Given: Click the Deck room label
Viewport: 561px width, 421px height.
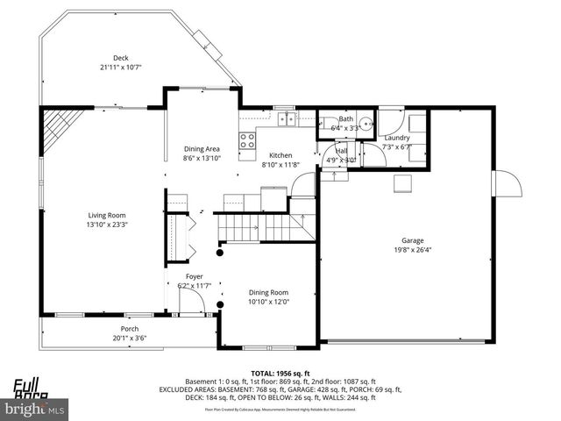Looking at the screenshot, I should (120, 58).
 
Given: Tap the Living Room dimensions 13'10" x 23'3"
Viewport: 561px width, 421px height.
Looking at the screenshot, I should (107, 224).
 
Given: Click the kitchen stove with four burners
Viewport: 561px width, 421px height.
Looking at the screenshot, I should (246, 138).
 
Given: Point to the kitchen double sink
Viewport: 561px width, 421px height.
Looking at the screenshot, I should (285, 119).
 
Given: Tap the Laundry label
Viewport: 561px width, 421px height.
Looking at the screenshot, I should (397, 138).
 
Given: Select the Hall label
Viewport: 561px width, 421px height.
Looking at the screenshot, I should (342, 151).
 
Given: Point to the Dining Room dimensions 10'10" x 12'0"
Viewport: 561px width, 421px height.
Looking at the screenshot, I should (268, 302).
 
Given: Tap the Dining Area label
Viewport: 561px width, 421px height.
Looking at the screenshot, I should (201, 149).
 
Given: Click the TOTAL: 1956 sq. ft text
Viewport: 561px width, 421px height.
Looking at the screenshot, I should (280, 373).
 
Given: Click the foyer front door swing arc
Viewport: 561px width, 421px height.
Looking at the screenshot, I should (194, 303).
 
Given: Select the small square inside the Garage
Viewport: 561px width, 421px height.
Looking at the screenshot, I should (403, 182).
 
